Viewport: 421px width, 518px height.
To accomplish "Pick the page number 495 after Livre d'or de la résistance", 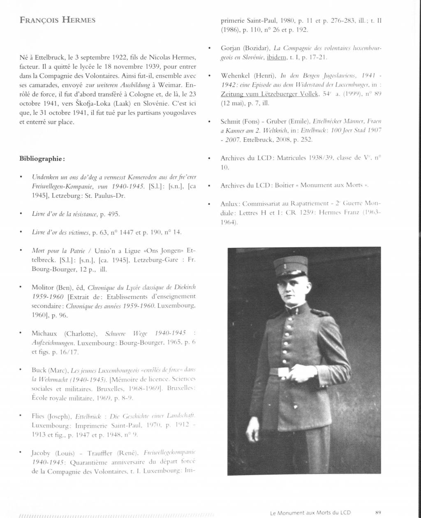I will [x=114, y=214].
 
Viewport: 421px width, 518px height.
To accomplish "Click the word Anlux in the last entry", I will [x=229, y=204].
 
